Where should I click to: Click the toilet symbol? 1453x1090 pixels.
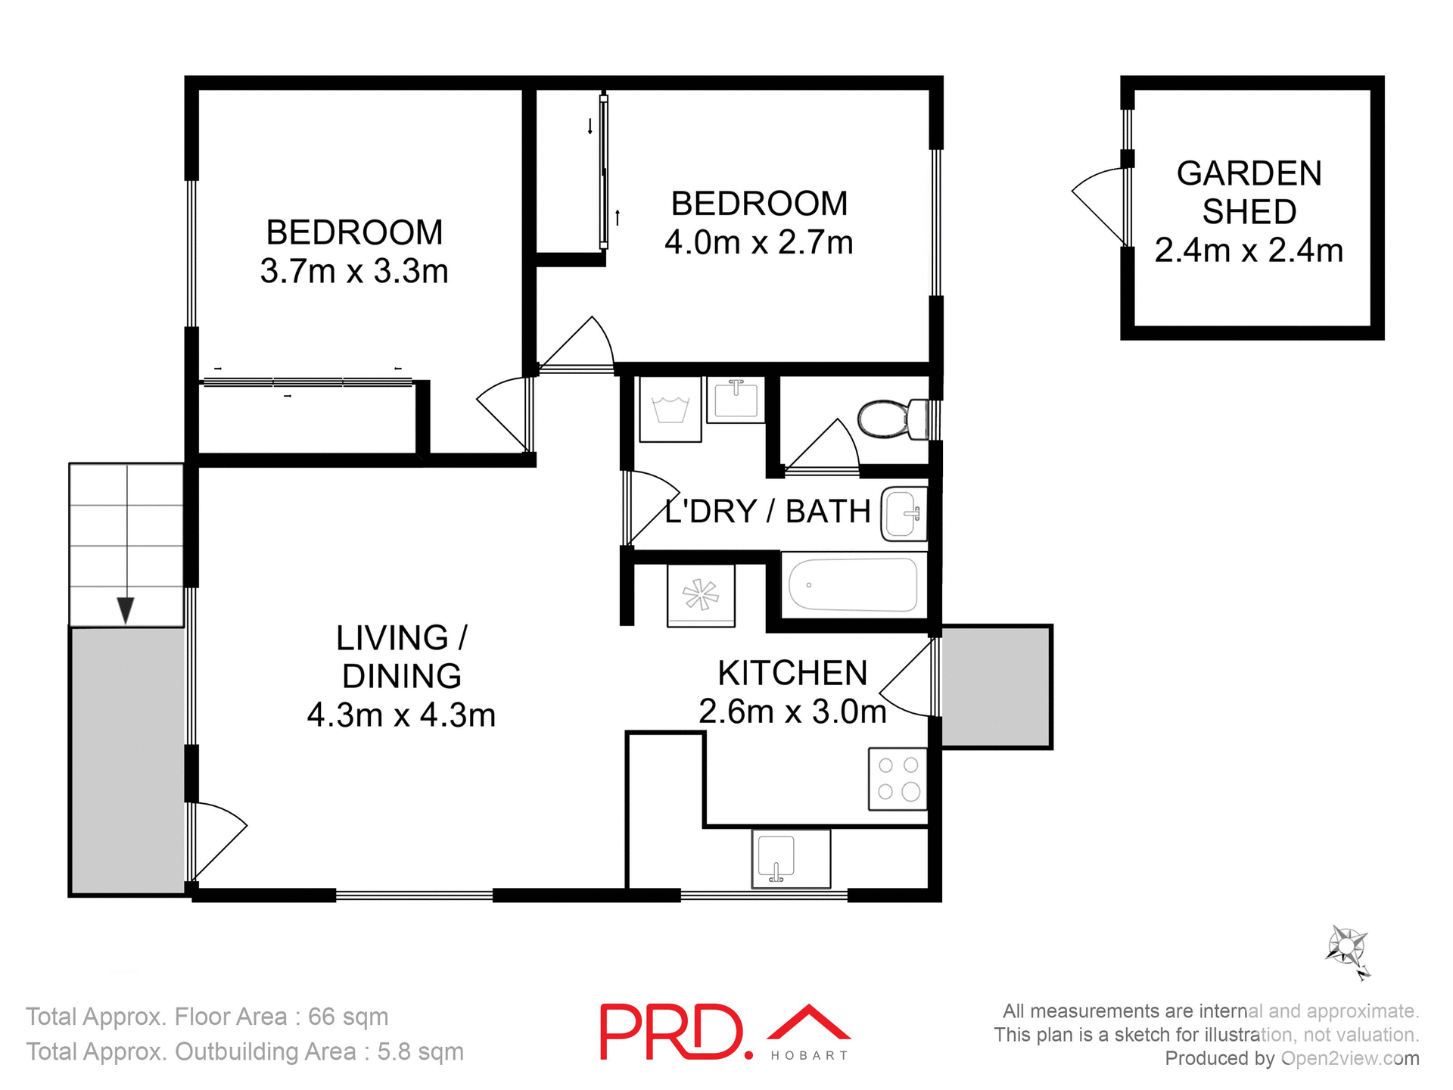coord(893,419)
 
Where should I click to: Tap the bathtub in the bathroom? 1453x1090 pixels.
coord(853,584)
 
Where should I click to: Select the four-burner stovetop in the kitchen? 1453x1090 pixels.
coord(898,779)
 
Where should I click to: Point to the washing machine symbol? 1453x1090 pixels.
coord(670,410)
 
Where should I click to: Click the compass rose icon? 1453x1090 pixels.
coord(1347,948)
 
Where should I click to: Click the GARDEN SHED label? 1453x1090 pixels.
coord(1249,192)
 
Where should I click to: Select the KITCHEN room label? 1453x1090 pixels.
coord(792,673)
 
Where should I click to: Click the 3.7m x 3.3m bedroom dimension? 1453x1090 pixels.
coord(354,271)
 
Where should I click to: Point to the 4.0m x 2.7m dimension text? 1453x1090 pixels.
coord(759,243)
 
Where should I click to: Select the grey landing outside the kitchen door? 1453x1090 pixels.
coord(996,686)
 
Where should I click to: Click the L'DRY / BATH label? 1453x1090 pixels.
coord(767,512)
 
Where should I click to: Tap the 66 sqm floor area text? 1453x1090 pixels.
coord(348,1017)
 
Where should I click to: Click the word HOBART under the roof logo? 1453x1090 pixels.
coord(809,1056)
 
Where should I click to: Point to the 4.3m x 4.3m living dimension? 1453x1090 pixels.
coord(401,715)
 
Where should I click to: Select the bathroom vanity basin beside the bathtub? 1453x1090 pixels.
coord(904,514)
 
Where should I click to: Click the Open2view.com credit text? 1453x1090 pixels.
coord(1350,1058)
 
